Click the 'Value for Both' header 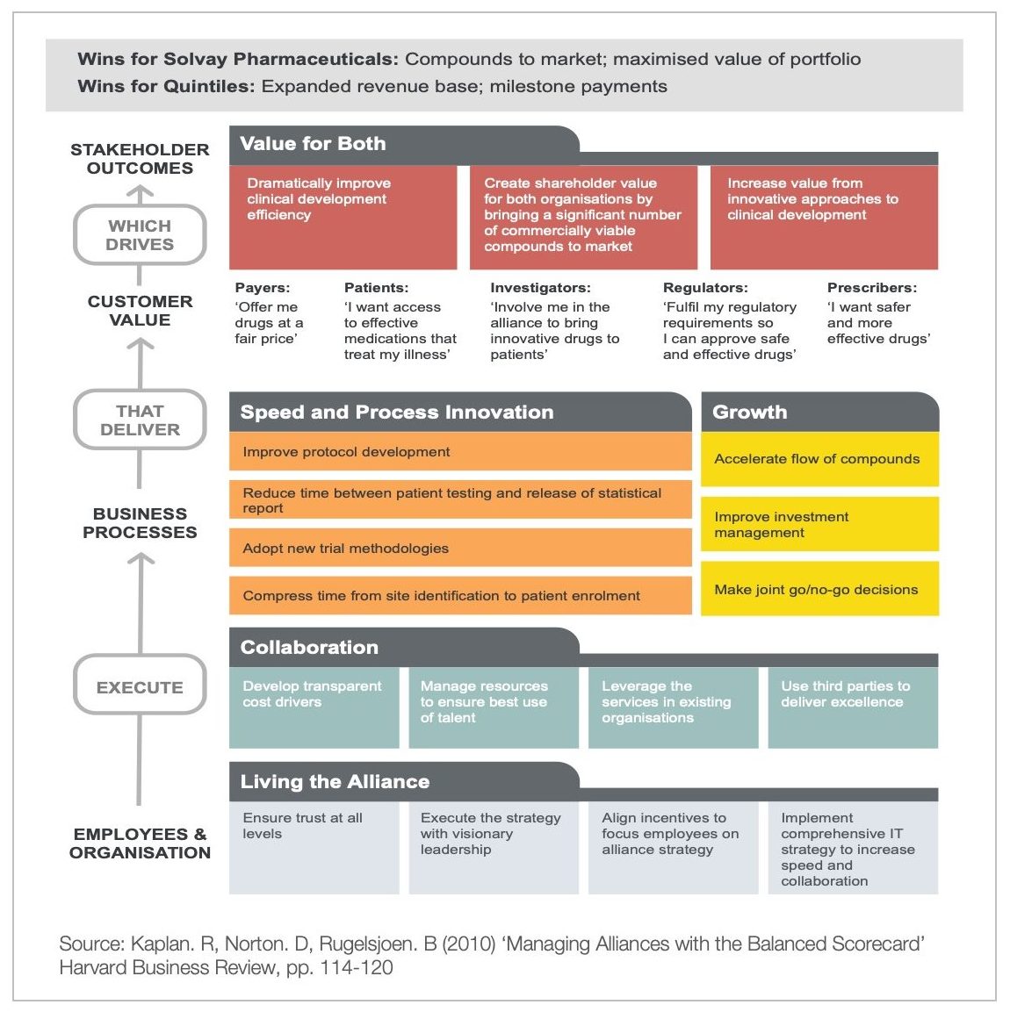click(313, 144)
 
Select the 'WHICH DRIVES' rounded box click(140, 235)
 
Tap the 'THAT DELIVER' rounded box click(140, 420)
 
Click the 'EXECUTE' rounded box click(140, 687)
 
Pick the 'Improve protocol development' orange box click(460, 452)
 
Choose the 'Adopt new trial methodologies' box click(460, 549)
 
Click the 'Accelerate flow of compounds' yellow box click(819, 459)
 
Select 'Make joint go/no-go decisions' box click(819, 589)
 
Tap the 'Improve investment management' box click(819, 524)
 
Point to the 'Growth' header click(750, 413)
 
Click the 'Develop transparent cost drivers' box click(314, 707)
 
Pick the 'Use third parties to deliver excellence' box click(853, 707)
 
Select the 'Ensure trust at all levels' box click(314, 847)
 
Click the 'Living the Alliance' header click(335, 782)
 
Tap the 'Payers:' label click(262, 288)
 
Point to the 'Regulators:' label click(705, 288)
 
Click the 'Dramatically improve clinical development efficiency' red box click(343, 217)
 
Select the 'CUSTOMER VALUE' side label click(140, 311)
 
